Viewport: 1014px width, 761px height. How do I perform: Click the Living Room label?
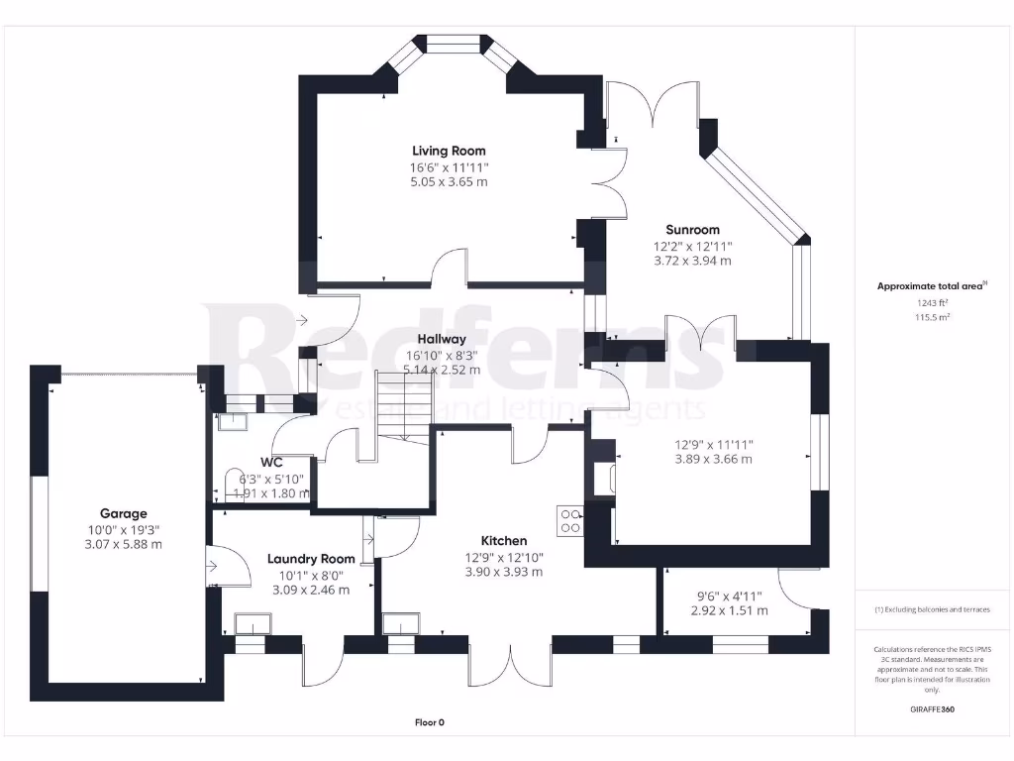pyautogui.click(x=449, y=151)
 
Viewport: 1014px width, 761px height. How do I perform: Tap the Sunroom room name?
pyautogui.click(x=692, y=229)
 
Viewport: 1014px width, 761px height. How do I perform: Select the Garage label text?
pyautogui.click(x=123, y=513)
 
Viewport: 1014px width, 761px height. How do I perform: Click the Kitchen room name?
pyautogui.click(x=504, y=540)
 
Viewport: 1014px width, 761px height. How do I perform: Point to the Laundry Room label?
pyautogui.click(x=311, y=559)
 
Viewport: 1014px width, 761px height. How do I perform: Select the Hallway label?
pyautogui.click(x=441, y=339)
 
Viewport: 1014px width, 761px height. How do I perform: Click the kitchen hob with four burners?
pyautogui.click(x=570, y=520)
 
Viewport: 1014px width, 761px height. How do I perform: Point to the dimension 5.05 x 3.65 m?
pyautogui.click(x=449, y=182)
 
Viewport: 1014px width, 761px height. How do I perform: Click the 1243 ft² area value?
pyautogui.click(x=931, y=302)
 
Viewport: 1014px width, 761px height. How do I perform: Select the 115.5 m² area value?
pyautogui.click(x=931, y=317)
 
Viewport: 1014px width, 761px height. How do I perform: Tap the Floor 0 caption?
pyautogui.click(x=429, y=722)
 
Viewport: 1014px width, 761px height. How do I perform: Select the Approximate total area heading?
pyautogui.click(x=931, y=286)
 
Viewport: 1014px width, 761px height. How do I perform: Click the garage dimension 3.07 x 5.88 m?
pyautogui.click(x=123, y=545)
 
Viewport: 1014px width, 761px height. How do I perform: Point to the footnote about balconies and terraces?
pyautogui.click(x=931, y=609)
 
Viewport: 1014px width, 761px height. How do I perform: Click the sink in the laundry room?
pyautogui.click(x=253, y=624)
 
